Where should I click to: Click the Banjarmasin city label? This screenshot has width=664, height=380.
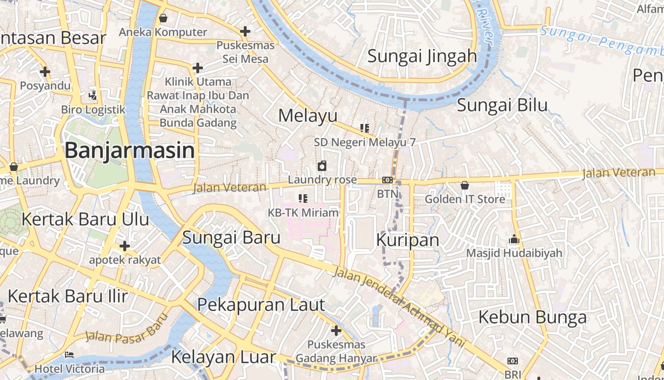(129, 151)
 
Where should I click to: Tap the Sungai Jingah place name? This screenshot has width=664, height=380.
(422, 56)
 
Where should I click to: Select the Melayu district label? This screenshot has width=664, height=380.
(308, 115)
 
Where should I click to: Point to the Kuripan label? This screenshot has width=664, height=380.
(408, 240)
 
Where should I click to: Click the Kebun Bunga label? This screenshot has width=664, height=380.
(532, 317)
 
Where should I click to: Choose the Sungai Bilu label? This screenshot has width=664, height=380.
(502, 105)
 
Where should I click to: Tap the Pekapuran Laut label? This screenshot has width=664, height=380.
(261, 305)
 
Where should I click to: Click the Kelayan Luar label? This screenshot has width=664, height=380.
(223, 357)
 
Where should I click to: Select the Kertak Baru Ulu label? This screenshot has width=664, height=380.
(85, 219)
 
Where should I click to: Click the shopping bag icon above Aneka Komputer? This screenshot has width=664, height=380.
(163, 18)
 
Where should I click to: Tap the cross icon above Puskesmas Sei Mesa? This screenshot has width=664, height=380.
(245, 31)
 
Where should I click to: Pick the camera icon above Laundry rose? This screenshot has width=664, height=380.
(322, 166)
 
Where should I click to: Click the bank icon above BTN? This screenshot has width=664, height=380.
(387, 180)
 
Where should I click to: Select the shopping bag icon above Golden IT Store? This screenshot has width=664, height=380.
(465, 185)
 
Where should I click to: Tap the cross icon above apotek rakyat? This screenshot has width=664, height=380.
(125, 246)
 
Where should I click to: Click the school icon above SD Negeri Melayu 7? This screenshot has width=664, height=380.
(364, 128)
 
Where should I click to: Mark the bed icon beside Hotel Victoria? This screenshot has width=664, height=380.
(69, 354)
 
